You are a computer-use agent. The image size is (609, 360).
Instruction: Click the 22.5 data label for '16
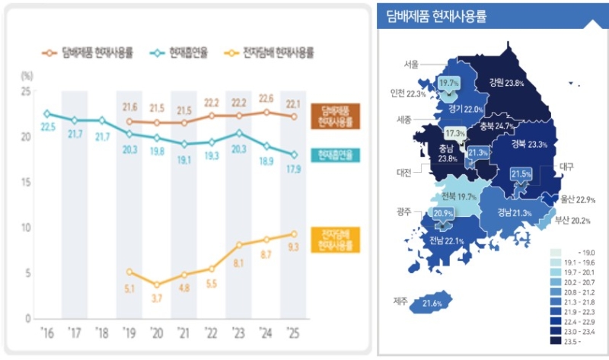(x=46, y=127)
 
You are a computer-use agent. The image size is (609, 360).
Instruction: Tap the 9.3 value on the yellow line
(x=292, y=247)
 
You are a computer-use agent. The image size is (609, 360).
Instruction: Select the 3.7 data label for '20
(x=157, y=299)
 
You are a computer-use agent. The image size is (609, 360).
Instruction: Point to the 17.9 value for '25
(x=293, y=169)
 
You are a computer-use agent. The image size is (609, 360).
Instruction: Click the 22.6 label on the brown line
(x=266, y=98)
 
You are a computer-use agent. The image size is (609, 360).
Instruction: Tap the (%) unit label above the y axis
(x=27, y=75)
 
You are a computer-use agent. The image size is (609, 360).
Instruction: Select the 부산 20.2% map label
(x=572, y=221)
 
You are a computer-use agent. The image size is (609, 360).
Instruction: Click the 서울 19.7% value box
(x=449, y=83)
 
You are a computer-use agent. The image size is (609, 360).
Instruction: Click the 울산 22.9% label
(x=579, y=199)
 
